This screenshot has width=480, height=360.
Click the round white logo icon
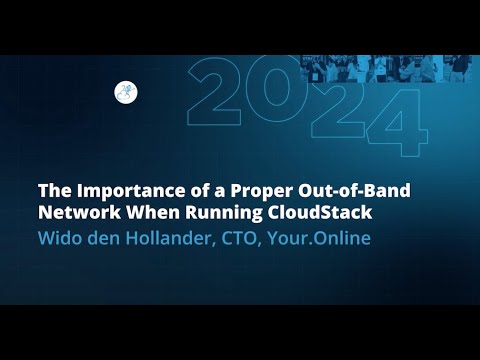pos(126,92)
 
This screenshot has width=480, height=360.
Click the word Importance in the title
pos(122,190)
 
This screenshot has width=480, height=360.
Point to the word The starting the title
pos(54,190)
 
